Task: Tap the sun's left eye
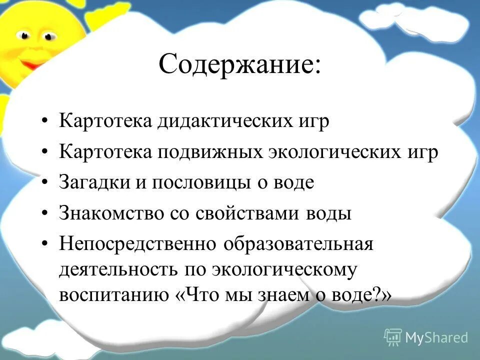24,36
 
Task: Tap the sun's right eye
48,36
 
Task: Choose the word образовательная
298,245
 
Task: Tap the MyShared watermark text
436,337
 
